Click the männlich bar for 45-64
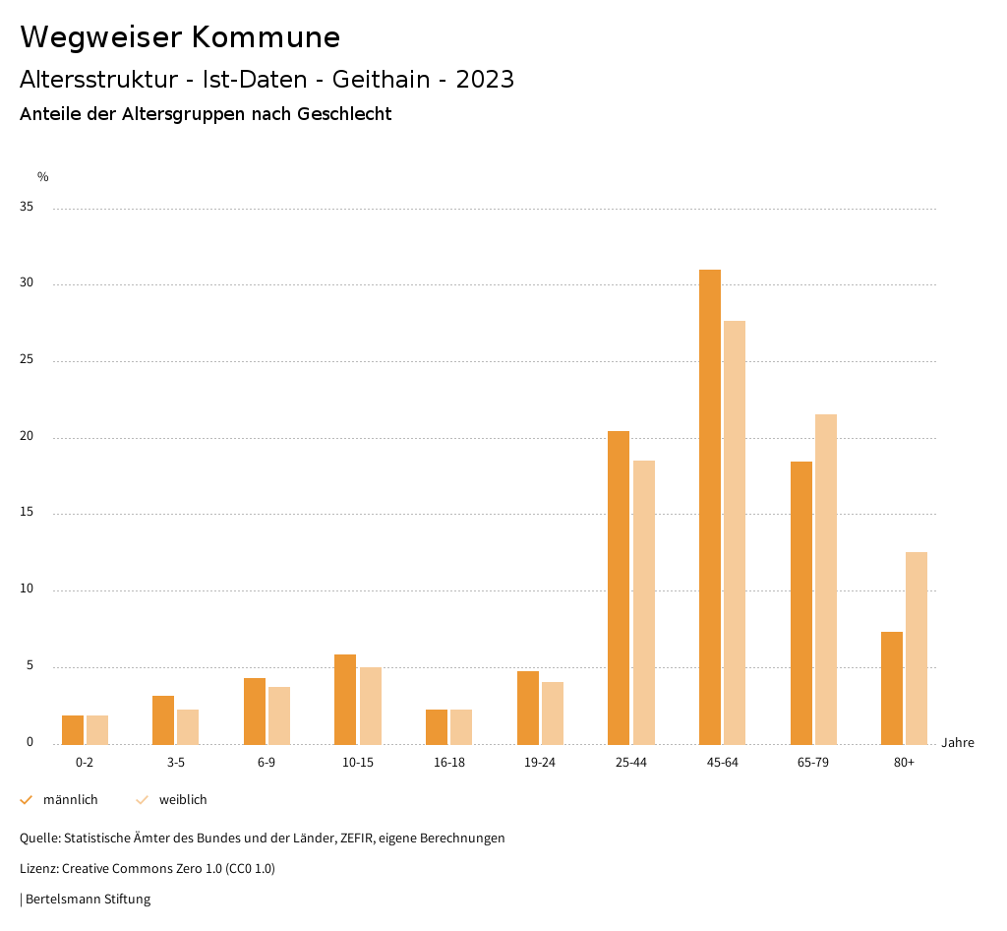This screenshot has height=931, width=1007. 710,507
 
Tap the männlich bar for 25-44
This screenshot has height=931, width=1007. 619,588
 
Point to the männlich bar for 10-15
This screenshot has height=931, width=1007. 345,699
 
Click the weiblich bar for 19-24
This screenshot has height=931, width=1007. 553,713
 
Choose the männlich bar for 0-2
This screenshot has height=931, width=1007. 73,729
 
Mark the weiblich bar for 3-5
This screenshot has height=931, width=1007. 188,726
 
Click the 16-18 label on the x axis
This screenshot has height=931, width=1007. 448,763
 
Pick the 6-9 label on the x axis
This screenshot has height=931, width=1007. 267,763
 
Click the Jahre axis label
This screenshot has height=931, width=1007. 958,743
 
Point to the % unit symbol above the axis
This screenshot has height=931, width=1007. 43,177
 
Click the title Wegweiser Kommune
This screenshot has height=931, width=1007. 180,37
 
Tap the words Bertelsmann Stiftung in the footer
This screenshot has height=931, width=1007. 88,900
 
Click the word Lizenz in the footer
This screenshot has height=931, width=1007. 38,869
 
